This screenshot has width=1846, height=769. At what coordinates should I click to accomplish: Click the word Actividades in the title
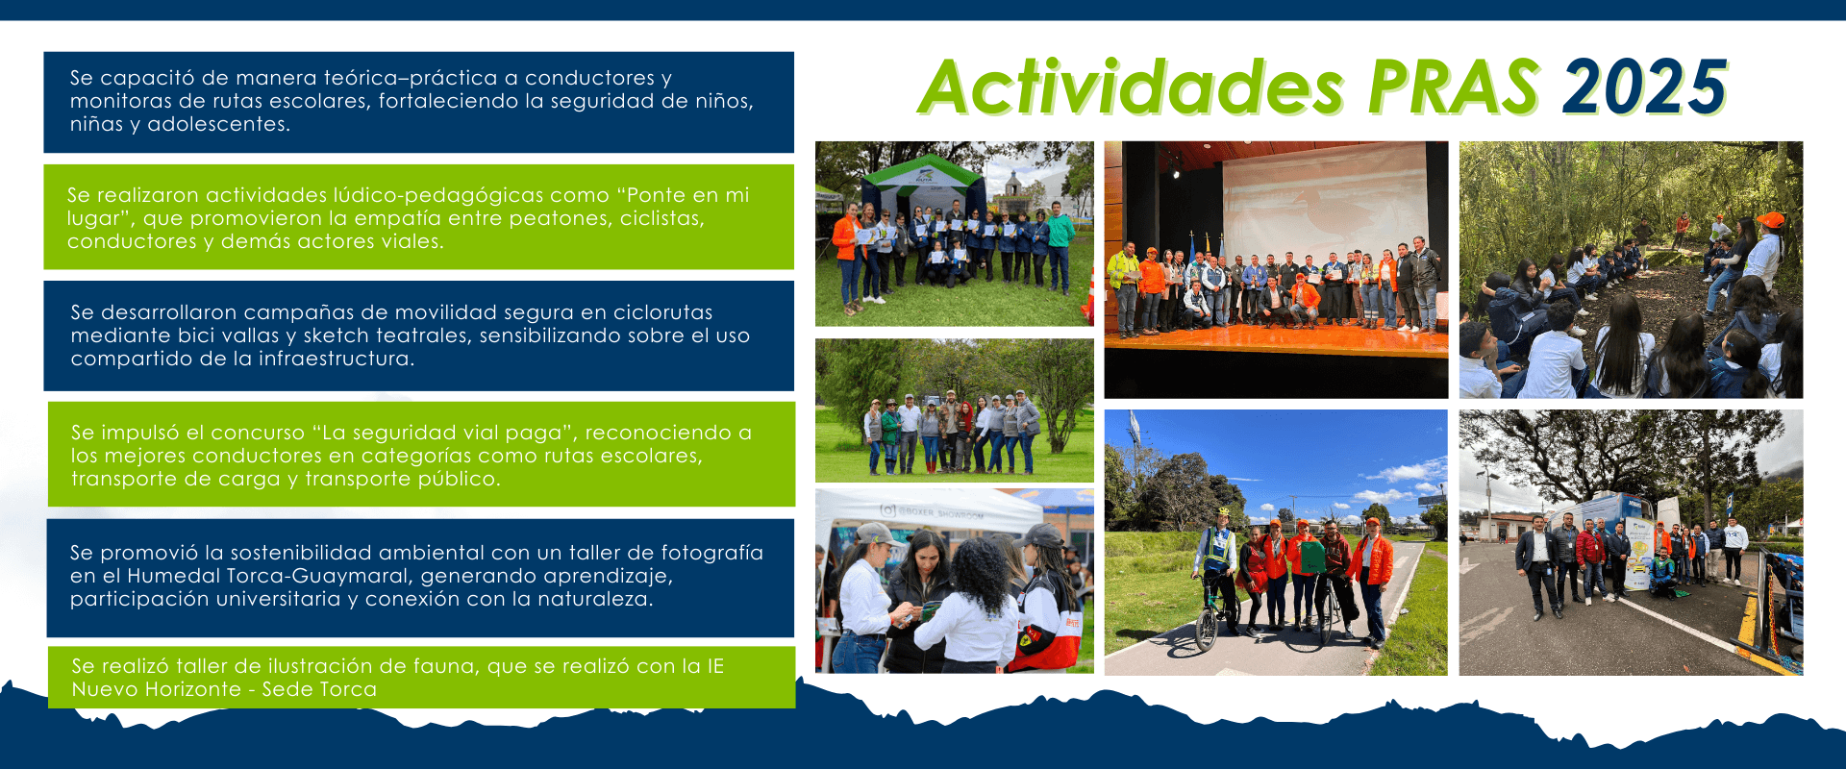coord(1132,87)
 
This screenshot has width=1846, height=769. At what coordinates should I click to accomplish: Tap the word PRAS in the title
coord(1455,87)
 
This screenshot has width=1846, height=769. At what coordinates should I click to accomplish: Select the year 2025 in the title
coord(1645,87)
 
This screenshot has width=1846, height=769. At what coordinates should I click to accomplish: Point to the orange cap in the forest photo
coord(1769,220)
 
